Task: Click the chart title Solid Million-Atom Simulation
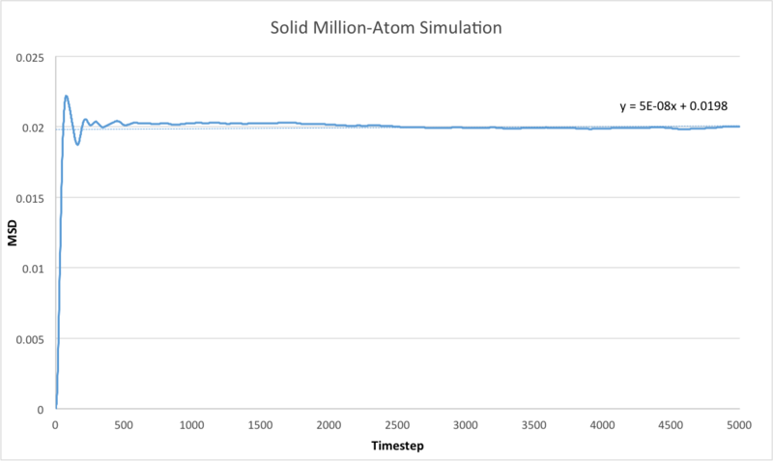coord(386,29)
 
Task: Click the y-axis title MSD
coord(14,233)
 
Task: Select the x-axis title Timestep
coord(397,447)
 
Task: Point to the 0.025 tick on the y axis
coord(30,58)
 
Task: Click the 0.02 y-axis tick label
coord(34,128)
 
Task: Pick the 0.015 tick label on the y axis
coord(30,198)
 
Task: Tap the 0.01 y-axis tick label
coord(34,268)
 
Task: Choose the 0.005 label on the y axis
coord(30,338)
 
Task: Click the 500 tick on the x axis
coord(124,425)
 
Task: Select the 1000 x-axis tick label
coord(192,425)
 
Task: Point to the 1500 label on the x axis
coord(261,425)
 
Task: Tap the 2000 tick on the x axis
coord(329,425)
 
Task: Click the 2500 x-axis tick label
coord(397,425)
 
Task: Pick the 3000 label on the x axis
coord(466,425)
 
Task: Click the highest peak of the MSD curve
coord(67,96)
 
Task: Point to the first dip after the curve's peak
coord(77,144)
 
